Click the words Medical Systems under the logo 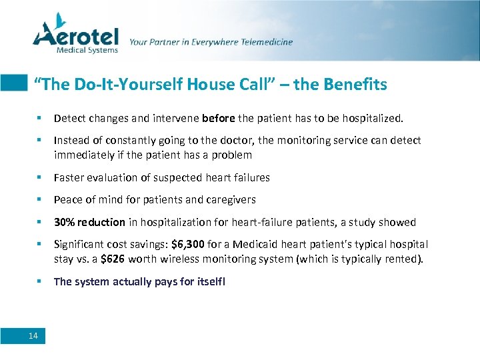pos(87,49)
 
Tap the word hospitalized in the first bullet pos(372,118)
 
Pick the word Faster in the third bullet pos(68,177)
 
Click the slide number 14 pos(33,335)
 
